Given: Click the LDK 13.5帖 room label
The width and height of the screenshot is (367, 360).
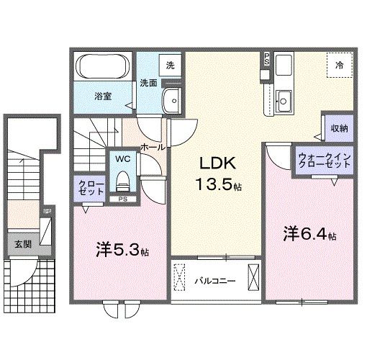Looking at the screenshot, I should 214,174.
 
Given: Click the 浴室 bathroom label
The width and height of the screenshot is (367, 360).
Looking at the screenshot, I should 101,95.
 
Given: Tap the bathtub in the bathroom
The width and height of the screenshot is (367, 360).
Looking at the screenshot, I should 101,70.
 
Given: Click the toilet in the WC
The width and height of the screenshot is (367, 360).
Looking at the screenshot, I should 122,177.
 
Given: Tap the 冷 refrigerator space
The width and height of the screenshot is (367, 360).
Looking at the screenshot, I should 339,66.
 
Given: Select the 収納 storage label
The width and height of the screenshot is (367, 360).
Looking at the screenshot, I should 339,128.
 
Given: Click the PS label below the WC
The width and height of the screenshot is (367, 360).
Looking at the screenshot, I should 123,199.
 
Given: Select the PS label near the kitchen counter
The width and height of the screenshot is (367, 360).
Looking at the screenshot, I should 266,59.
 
